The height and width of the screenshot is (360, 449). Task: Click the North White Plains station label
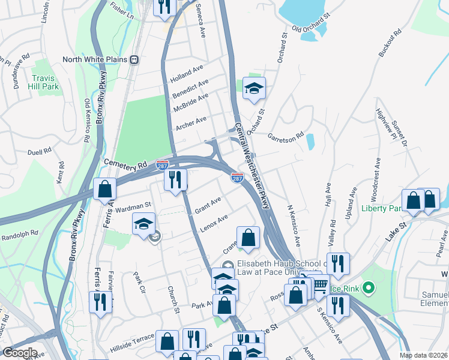[x=96, y=60]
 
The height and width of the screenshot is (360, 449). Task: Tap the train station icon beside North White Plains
[x=135, y=60]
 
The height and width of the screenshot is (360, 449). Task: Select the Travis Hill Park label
[x=46, y=82]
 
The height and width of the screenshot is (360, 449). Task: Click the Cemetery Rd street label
[x=125, y=163]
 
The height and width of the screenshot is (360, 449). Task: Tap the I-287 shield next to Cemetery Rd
[x=162, y=163]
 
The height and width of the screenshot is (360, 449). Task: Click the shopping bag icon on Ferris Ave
[x=105, y=189]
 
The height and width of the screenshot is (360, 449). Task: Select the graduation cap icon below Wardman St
[x=143, y=224]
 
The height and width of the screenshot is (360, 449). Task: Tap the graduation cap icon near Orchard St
[x=254, y=88]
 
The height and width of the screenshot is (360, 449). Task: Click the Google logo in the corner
[x=19, y=353]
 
